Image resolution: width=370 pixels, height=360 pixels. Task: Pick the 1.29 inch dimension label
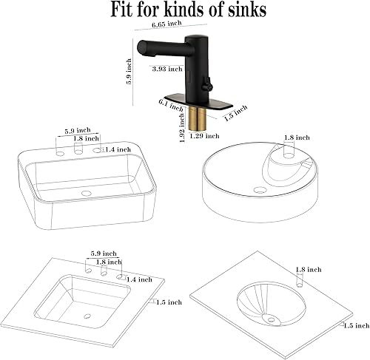pos(203,136)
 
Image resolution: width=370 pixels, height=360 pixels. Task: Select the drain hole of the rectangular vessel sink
pos(86,194)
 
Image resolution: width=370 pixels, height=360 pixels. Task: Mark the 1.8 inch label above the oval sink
pos(306,270)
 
